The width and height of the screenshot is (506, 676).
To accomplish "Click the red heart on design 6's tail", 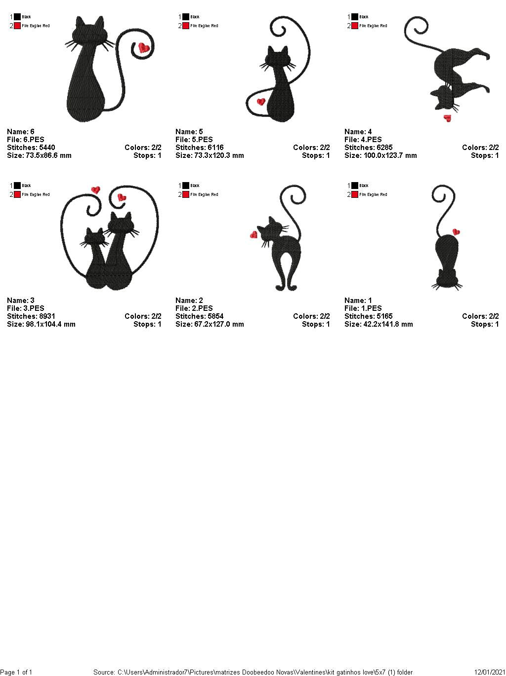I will point(144,48).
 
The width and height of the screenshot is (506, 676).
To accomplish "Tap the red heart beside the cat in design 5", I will point(261,102).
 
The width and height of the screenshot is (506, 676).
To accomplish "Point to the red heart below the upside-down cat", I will point(448,118).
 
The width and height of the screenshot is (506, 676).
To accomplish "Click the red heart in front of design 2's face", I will point(254,234).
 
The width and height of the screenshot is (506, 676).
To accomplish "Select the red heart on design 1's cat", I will point(456,231).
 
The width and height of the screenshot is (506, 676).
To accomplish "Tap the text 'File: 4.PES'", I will point(363,140).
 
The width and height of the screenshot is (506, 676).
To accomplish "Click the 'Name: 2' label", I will point(189,300).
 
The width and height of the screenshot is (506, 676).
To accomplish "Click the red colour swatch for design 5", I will point(186,26).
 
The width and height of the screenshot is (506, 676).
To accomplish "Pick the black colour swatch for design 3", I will point(17,186).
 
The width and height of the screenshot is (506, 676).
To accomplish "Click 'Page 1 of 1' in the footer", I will point(16,672).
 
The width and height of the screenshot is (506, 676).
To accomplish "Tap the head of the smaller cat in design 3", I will point(94,236).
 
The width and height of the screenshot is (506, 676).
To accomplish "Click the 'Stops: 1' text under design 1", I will point(485,324).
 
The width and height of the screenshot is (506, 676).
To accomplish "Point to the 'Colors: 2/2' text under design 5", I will point(311,148).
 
